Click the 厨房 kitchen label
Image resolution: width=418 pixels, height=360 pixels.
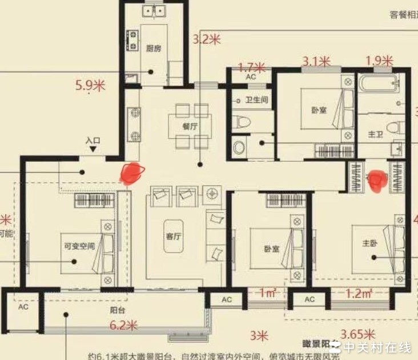[153, 49]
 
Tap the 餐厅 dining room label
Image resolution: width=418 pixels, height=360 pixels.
[190, 127]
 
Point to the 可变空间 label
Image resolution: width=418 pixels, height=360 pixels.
[79, 247]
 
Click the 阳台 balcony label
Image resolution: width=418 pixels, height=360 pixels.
[118, 312]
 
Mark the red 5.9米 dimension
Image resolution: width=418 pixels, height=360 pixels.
[90, 86]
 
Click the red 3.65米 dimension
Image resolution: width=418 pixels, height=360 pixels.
[358, 334]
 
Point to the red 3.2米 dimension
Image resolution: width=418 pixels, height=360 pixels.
[206, 39]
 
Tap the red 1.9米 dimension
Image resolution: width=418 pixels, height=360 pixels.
[379, 61]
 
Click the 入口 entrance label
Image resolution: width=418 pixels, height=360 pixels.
[93, 140]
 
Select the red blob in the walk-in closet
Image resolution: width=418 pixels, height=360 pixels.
[377, 181]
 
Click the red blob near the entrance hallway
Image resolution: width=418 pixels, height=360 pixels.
[134, 173]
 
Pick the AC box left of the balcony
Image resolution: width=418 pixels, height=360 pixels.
[23, 307]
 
